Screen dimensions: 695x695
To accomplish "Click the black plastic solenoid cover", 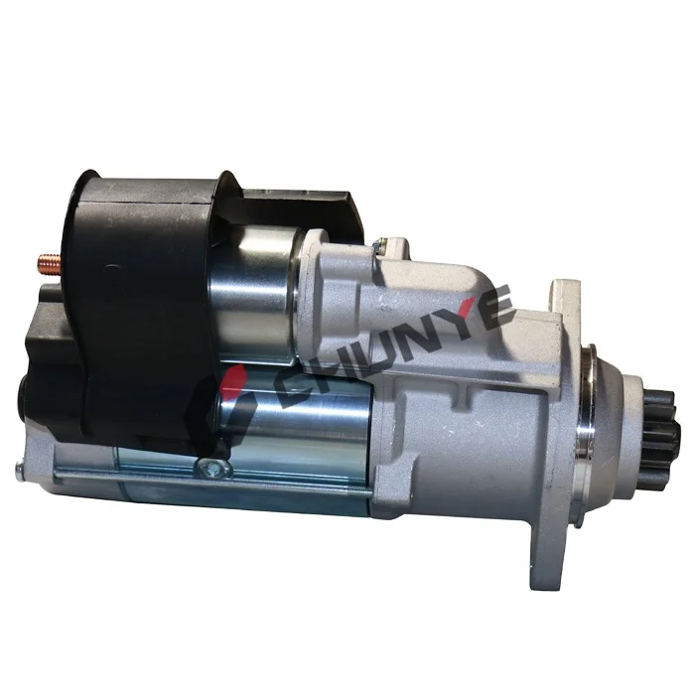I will point(139,298).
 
